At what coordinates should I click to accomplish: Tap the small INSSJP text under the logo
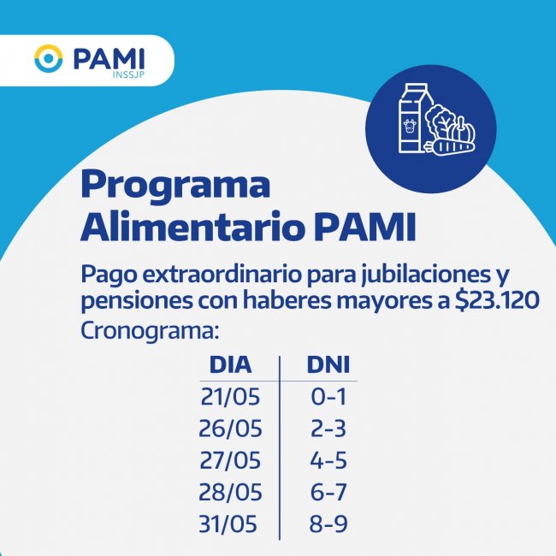click(x=128, y=75)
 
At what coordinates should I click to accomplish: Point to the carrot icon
click(x=450, y=147)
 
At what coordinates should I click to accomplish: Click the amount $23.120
click(x=497, y=300)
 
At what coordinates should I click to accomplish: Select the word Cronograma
click(x=150, y=331)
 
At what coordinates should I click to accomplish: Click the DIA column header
click(x=230, y=364)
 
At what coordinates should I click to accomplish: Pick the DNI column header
click(x=328, y=364)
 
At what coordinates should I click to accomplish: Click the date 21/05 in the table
click(x=230, y=396)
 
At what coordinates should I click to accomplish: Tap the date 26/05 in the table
click(x=230, y=429)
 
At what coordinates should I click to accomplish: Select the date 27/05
click(x=230, y=460)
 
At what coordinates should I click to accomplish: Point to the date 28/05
click(x=230, y=492)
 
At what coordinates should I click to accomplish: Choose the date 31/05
click(x=228, y=524)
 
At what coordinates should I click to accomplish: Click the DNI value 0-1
click(x=328, y=396)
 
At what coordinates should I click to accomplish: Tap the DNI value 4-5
click(x=328, y=460)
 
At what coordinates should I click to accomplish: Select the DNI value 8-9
click(x=328, y=524)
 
